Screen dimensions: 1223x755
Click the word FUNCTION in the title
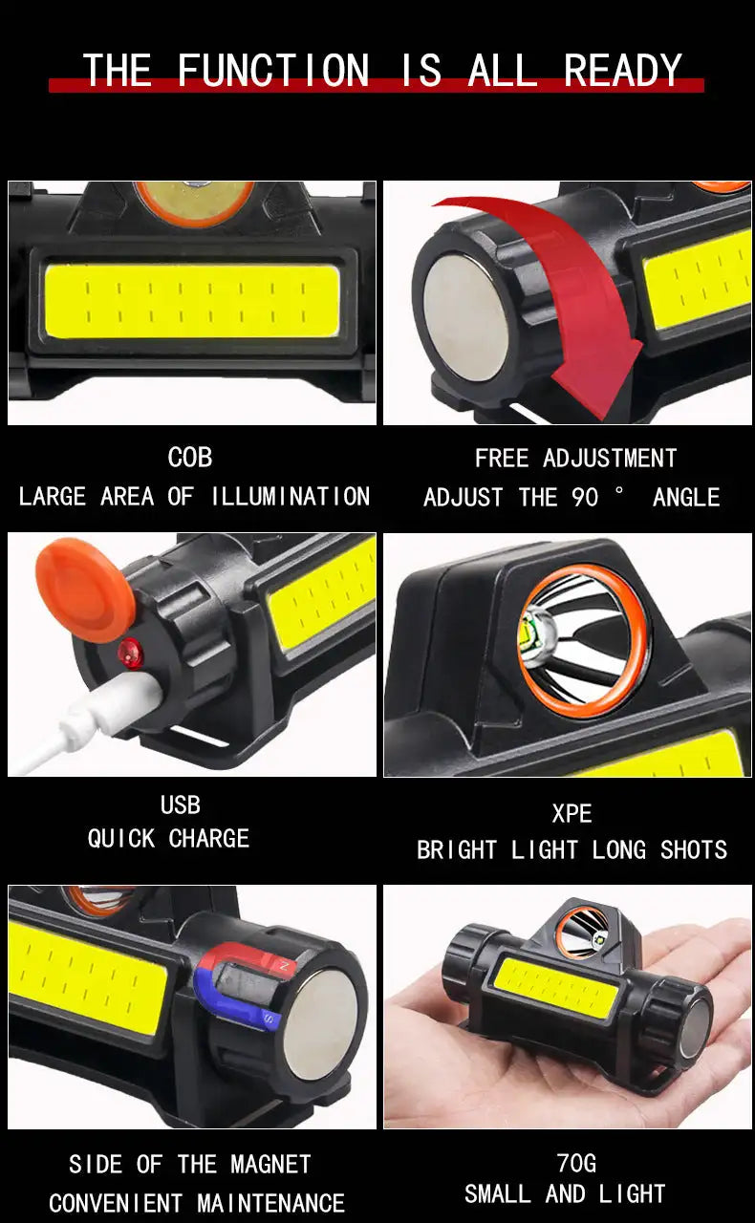272,71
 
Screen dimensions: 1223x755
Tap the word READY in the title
622,71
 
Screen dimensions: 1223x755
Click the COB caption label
190,458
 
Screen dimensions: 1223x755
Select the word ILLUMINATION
291,497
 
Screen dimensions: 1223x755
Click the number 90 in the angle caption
585,498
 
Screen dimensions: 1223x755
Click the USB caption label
181,805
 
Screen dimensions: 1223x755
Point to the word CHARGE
209,839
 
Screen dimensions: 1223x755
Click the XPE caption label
572,814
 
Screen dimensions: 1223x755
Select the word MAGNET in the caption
270,1165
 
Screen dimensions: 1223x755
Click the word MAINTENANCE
270,1203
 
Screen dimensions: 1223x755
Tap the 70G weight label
576,1164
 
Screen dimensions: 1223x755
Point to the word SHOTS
694,850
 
